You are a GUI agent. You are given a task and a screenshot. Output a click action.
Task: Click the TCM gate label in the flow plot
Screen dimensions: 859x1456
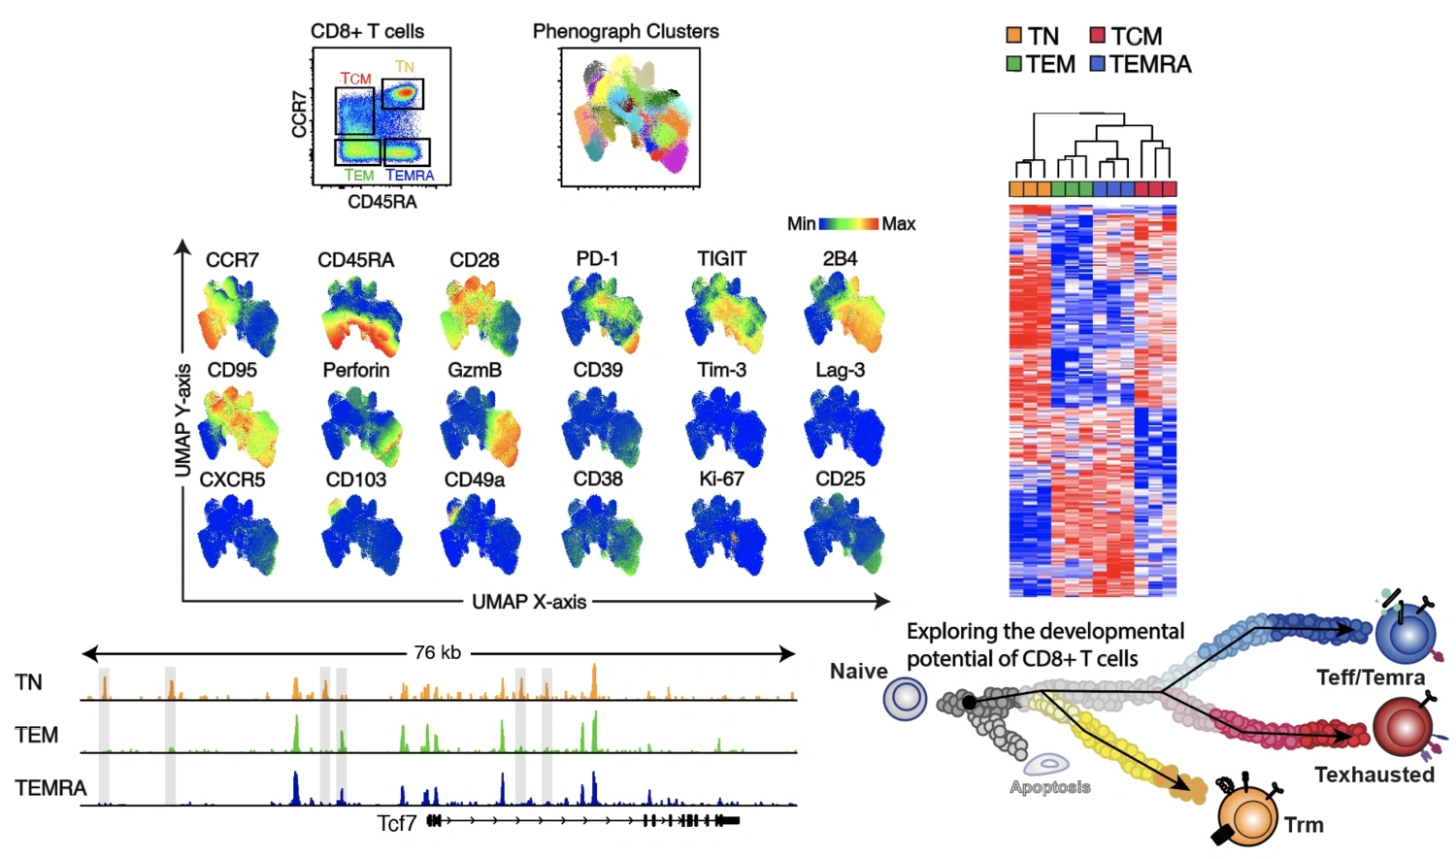[355, 78]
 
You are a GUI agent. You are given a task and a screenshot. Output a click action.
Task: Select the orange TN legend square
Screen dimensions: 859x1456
[1014, 36]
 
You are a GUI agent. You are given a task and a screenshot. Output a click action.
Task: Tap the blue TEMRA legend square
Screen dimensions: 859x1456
[1098, 64]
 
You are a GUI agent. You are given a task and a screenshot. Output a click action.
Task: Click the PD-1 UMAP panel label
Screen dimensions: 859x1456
[597, 258]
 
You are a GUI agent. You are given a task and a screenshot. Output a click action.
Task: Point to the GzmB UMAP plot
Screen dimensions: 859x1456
[480, 426]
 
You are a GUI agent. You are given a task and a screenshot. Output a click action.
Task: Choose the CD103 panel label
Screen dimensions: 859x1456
[355, 479]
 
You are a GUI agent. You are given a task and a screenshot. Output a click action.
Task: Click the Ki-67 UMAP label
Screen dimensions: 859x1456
[720, 479]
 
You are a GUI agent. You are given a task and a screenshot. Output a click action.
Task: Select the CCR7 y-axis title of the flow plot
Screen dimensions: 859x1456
[299, 114]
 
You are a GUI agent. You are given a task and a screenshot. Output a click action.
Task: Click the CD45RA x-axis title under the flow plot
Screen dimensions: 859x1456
[381, 202]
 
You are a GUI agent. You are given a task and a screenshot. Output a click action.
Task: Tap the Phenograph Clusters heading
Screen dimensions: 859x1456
[625, 31]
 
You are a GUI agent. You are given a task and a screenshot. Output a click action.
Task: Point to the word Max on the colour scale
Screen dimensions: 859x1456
[898, 224]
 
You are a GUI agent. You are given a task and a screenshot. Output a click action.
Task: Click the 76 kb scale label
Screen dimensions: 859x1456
[437, 652]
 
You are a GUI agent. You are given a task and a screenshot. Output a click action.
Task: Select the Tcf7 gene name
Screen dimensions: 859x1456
[396, 823]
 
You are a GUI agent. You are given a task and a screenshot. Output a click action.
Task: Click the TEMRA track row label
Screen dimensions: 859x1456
[50, 787]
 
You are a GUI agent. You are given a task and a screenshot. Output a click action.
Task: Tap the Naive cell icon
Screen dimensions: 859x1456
[905, 699]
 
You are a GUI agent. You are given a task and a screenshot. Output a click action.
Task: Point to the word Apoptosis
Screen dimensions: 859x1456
[1049, 787]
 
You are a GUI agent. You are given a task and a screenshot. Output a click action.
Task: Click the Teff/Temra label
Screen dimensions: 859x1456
[1370, 677]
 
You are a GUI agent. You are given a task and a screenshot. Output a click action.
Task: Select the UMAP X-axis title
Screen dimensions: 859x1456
[529, 602]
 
